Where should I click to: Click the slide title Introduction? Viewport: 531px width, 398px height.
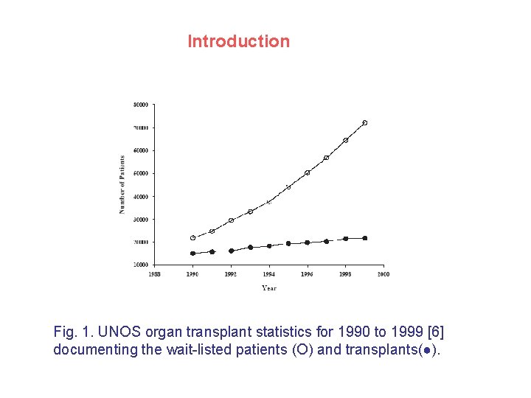[238, 41]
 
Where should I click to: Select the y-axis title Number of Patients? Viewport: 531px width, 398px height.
[122, 184]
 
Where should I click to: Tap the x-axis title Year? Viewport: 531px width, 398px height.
[269, 288]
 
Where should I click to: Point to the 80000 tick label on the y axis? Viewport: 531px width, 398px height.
[140, 105]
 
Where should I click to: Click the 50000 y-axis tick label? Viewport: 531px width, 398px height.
[140, 173]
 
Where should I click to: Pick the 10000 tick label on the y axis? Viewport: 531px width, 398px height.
[140, 265]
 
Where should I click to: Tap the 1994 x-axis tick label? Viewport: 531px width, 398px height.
[269, 274]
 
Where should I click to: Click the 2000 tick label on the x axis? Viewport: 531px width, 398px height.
[383, 274]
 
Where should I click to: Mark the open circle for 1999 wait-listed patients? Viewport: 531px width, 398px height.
[364, 122]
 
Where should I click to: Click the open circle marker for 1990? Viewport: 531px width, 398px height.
[193, 238]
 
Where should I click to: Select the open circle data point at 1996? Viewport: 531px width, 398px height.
[307, 172]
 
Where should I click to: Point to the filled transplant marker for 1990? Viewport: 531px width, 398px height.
[193, 254]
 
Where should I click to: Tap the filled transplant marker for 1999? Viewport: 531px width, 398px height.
[364, 238]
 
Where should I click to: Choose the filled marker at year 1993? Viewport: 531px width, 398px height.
[250, 248]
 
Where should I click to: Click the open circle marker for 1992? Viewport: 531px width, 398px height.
[231, 220]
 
